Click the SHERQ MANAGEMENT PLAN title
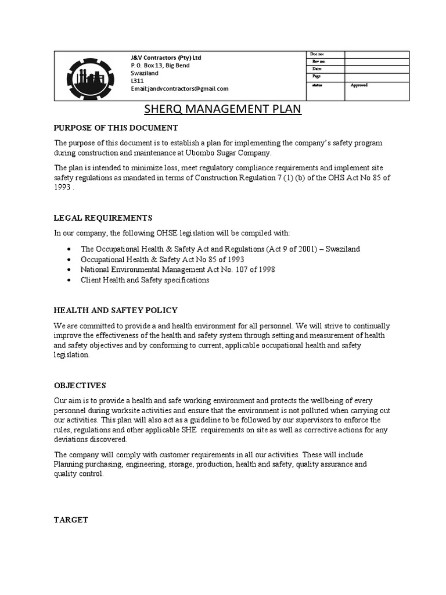(222, 109)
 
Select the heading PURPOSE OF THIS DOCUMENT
(116, 128)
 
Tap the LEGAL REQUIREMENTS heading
(103, 218)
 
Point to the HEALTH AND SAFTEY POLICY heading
(116, 310)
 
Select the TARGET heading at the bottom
(71, 520)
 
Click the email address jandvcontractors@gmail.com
(179, 89)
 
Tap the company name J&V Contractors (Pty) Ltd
(166, 58)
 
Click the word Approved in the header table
(359, 85)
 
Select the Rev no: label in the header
(319, 62)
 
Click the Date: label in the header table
(317, 69)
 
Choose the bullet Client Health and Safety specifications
(145, 280)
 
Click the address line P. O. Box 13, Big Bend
(160, 65)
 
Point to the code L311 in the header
(136, 81)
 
